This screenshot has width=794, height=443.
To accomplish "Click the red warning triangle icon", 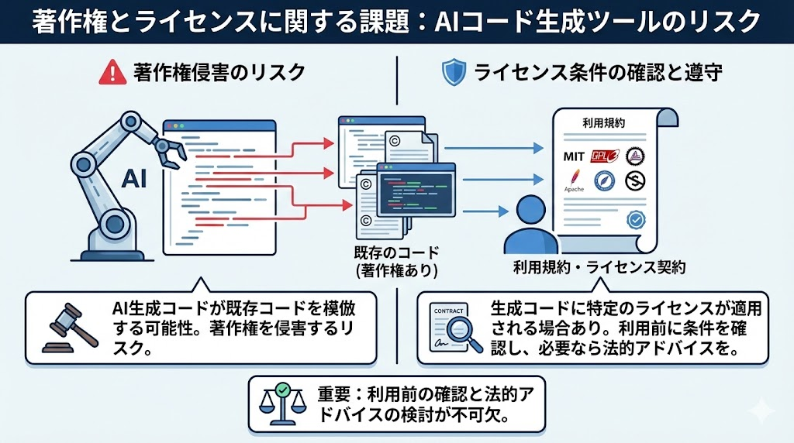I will (x=113, y=74).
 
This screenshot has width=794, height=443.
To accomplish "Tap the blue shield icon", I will (x=453, y=74).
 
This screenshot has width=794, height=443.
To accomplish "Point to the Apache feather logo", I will (x=574, y=183).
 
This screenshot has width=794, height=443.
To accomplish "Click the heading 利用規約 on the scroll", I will (x=599, y=123).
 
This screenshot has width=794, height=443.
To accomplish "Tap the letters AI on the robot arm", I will (x=134, y=179).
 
